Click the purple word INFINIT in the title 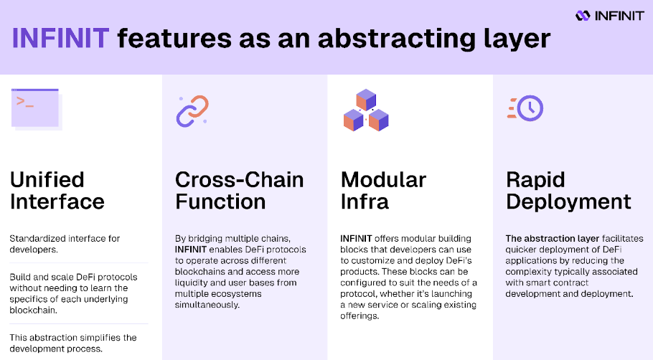click(60, 38)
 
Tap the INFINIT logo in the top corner click(610, 16)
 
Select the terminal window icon click(36, 109)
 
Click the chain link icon click(192, 110)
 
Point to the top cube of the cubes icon click(366, 100)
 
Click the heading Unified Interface click(57, 191)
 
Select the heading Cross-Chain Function click(239, 191)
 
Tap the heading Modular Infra click(383, 191)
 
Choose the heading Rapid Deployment click(568, 191)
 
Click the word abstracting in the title click(396, 38)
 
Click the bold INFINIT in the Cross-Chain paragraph click(190, 250)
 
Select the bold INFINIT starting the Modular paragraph click(356, 239)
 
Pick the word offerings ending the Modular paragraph click(360, 316)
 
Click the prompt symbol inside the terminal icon click(24, 102)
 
